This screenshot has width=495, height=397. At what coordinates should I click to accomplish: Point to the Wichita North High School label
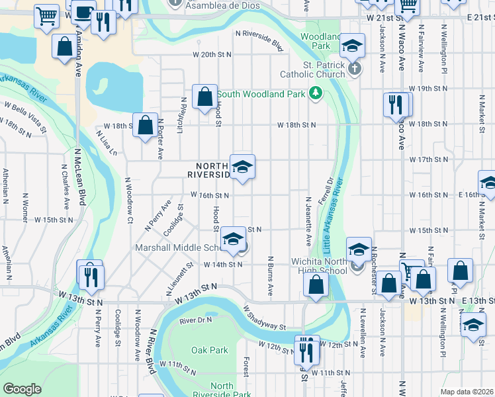319,266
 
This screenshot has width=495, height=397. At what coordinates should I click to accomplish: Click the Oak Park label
209,350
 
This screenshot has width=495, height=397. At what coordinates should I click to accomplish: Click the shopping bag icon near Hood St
205,97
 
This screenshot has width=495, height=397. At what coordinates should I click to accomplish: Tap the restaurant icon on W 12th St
306,348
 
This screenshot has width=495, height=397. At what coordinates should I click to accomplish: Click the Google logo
22,389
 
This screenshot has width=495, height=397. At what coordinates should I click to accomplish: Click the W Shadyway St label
264,317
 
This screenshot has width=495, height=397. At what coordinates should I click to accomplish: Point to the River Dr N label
195,320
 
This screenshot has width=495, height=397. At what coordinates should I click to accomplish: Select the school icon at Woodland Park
353,46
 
